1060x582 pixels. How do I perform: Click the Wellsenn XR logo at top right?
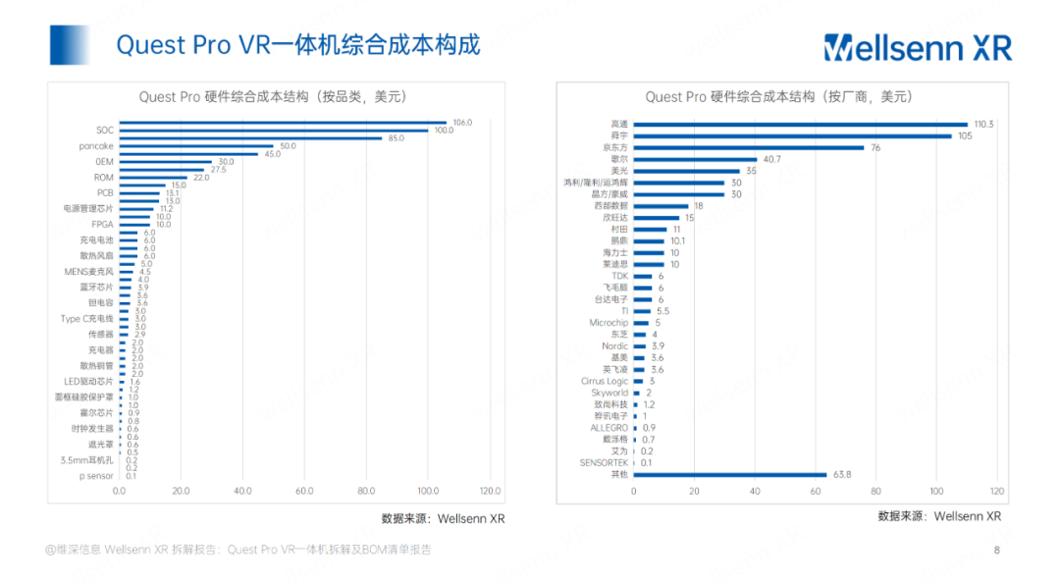point(917,46)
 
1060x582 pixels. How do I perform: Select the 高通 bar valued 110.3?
point(800,125)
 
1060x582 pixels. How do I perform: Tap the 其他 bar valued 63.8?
point(729,474)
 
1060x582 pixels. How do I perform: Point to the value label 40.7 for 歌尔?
point(771,159)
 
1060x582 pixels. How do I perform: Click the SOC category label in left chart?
point(104,130)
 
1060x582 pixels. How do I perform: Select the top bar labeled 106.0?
point(283,122)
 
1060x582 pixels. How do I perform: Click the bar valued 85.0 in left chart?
point(250,137)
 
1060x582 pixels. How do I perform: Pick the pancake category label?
point(96,146)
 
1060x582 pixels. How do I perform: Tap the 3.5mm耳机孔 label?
point(87,459)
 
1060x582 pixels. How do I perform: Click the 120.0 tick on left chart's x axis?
point(490,491)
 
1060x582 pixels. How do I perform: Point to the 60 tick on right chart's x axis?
point(816,491)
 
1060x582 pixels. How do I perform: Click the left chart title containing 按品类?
point(272,96)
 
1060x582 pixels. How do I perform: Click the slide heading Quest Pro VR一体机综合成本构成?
point(297,45)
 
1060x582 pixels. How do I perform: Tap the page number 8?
point(997,550)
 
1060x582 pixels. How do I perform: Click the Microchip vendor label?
point(609,323)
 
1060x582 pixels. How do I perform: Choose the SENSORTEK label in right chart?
point(604,462)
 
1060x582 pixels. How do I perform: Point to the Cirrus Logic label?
point(605,381)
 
